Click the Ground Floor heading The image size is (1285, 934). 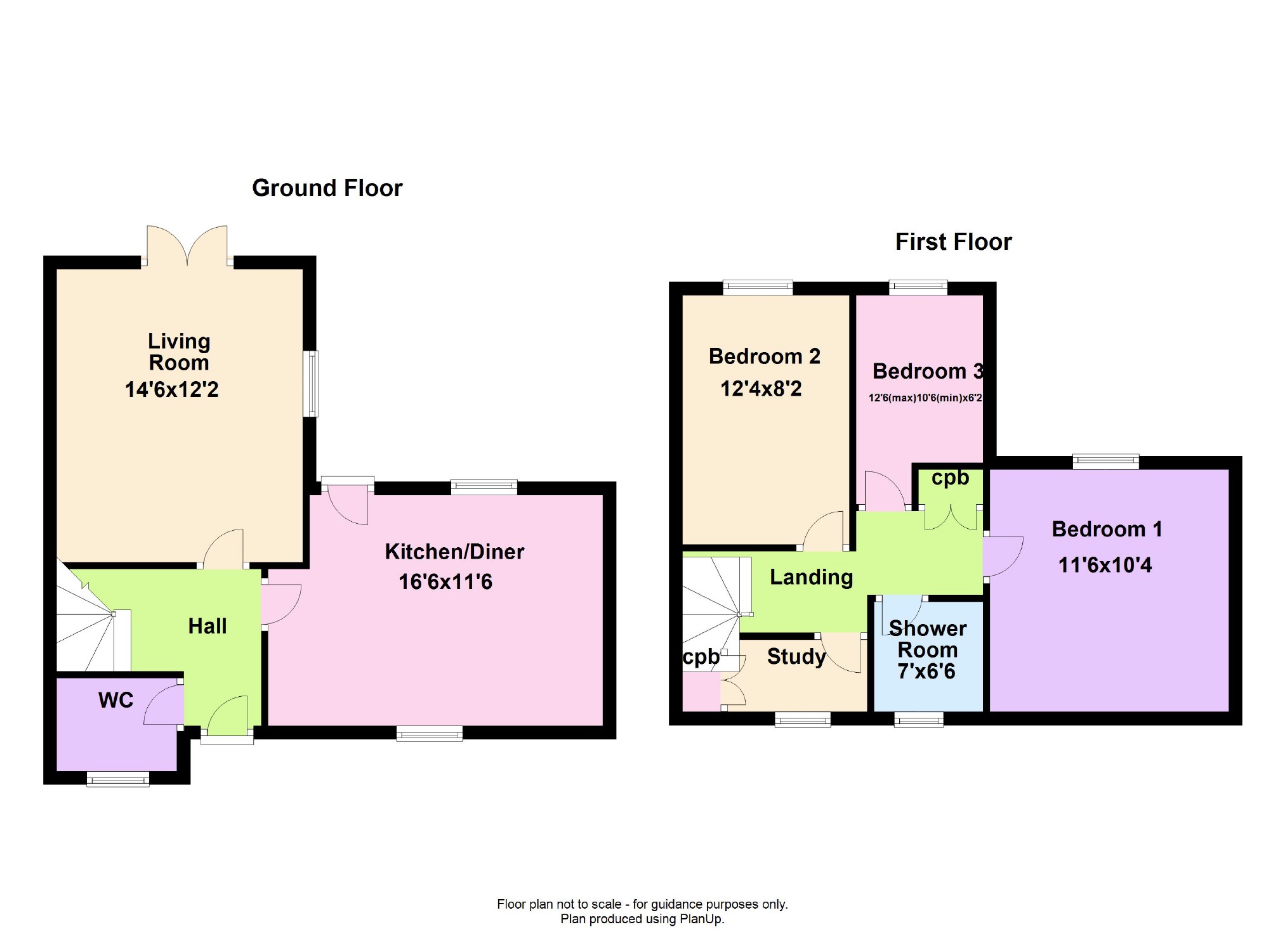[x=327, y=188]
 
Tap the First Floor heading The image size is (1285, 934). [x=953, y=242]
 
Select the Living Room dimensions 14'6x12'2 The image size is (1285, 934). [x=171, y=389]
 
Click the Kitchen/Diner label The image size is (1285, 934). [x=454, y=552]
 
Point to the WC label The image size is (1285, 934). [x=116, y=700]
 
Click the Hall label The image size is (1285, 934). [x=208, y=626]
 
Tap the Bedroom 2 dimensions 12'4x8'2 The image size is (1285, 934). [x=761, y=389]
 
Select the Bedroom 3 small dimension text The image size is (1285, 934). [x=925, y=398]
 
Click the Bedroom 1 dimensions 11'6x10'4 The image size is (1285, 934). [x=1105, y=565]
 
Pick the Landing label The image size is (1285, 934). [x=811, y=577]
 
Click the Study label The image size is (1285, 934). [x=796, y=656]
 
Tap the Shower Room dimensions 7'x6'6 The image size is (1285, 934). [x=926, y=671]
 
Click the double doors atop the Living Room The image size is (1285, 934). [x=187, y=246]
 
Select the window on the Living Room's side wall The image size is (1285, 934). [x=311, y=384]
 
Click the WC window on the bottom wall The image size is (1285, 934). [x=118, y=779]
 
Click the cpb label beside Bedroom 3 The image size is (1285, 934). [x=950, y=477]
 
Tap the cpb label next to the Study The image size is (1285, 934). [x=701, y=658]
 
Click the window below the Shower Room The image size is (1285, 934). [x=918, y=719]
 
